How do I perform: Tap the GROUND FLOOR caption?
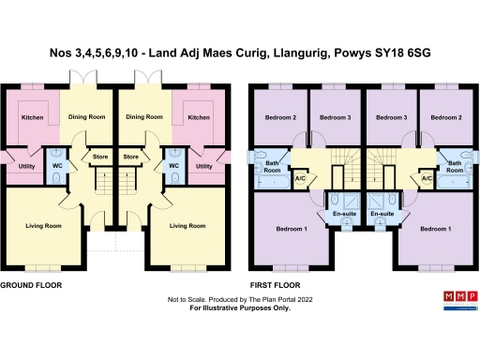[x=31, y=283]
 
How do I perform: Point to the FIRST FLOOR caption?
[x=275, y=283]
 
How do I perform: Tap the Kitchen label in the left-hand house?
[x=34, y=118]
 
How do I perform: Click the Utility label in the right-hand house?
[x=202, y=167]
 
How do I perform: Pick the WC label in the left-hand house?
[x=57, y=167]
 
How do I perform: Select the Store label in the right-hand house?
[x=131, y=157]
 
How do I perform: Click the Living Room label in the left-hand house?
[x=42, y=226]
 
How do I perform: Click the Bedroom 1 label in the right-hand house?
[x=436, y=229]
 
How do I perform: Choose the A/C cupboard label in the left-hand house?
[x=301, y=178]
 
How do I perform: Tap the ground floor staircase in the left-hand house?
[x=104, y=179]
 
